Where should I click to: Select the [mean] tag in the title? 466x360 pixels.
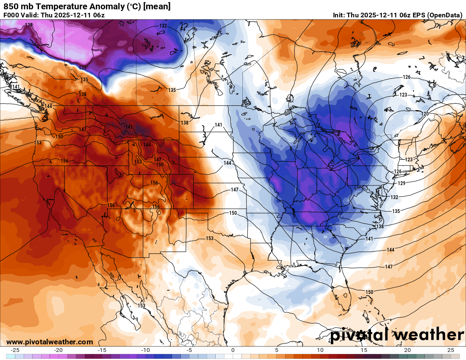point(157,6)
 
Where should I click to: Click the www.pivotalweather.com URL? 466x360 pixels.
point(50,342)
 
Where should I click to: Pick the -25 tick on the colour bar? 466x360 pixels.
point(15,350)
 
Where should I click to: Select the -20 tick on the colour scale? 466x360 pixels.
point(58,350)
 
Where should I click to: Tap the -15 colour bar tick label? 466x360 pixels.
point(102,350)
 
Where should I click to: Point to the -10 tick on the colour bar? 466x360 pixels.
point(146,350)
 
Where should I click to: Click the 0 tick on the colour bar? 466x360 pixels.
point(233,350)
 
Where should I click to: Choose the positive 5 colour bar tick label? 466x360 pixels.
point(277,350)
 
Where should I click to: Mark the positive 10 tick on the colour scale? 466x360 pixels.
point(320,350)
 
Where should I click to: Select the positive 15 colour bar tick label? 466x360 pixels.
point(364,350)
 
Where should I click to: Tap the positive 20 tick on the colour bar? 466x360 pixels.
point(408,350)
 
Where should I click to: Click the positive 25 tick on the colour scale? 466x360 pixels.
point(451,350)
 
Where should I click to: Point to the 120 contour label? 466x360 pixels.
point(425,114)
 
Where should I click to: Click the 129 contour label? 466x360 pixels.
point(402,183)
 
